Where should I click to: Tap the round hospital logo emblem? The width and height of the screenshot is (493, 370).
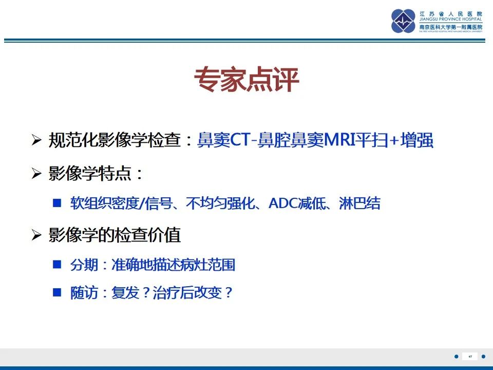(403, 21)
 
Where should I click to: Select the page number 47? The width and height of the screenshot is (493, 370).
(470, 356)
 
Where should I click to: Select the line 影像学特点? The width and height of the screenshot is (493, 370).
(96, 173)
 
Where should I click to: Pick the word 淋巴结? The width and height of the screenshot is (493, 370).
(359, 203)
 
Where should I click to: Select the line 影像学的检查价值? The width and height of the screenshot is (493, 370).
(115, 235)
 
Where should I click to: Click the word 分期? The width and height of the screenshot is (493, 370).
(83, 265)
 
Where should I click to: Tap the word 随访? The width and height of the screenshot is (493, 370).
(83, 293)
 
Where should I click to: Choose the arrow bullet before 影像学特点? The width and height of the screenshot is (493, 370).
(36, 174)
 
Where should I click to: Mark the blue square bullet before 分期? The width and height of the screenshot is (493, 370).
(58, 265)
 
